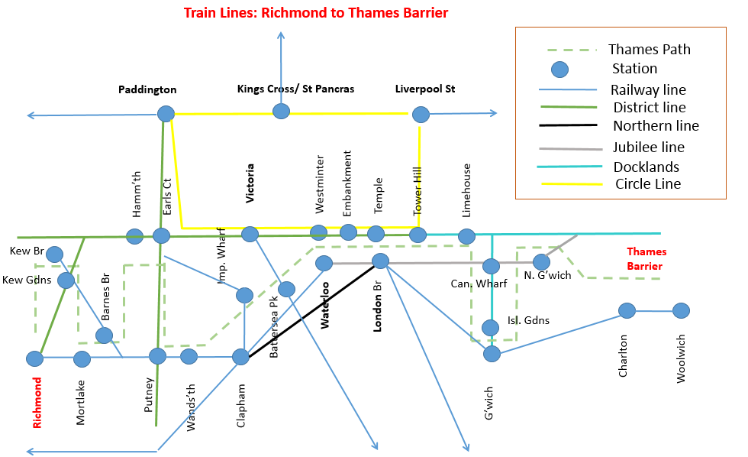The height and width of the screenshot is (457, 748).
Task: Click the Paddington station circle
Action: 166,115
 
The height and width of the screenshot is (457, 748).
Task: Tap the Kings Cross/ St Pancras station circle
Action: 282,112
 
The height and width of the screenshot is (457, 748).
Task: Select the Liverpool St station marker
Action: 421,115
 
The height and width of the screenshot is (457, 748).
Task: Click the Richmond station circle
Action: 34,358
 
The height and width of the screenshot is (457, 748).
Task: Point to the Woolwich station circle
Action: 681,311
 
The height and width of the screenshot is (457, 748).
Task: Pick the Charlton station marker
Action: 627,310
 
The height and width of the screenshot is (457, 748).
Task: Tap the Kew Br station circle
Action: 54,254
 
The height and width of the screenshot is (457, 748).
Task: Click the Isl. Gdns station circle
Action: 491,328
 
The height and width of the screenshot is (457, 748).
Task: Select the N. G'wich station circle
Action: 541,262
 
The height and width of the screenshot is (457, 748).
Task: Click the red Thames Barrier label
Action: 646,259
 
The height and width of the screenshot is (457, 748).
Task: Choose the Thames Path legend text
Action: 649,50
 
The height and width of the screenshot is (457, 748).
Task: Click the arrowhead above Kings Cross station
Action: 282,35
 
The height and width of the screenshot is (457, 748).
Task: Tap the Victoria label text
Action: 250,183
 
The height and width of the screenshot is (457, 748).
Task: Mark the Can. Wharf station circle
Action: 491,266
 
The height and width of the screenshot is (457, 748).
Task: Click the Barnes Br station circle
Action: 105,335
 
